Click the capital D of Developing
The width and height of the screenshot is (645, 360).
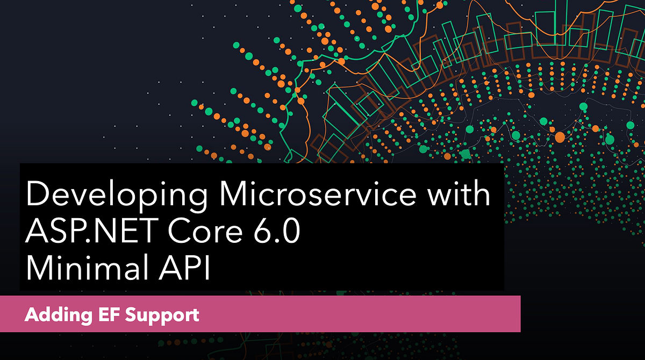tap(36, 194)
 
